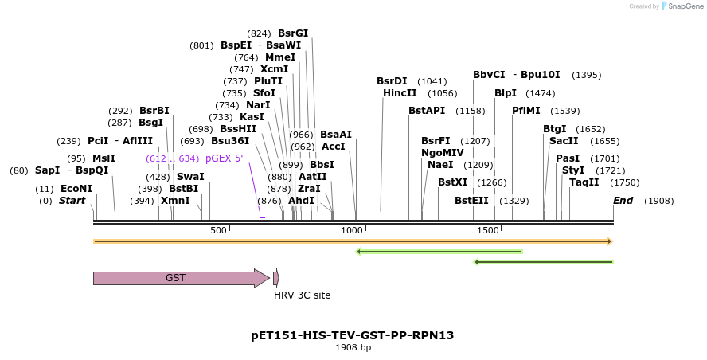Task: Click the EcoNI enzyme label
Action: point(76,189)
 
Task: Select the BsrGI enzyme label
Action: point(293,33)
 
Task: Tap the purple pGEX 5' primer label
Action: point(224,158)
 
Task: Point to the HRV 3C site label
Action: point(302,295)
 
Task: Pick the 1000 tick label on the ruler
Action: point(351,230)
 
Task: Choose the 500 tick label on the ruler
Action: point(218,230)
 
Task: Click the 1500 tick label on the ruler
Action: point(487,230)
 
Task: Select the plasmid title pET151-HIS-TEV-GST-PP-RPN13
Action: point(352,335)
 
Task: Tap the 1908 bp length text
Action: point(353,347)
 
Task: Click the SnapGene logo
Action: point(681,6)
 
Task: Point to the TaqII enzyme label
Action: point(584,182)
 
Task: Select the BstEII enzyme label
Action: point(471,201)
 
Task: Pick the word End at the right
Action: point(623,201)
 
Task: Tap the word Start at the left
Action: point(72,201)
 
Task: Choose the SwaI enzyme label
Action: point(190,177)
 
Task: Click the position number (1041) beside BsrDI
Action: point(432,81)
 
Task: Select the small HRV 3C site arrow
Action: point(275,278)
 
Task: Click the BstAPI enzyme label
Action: point(427,111)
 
